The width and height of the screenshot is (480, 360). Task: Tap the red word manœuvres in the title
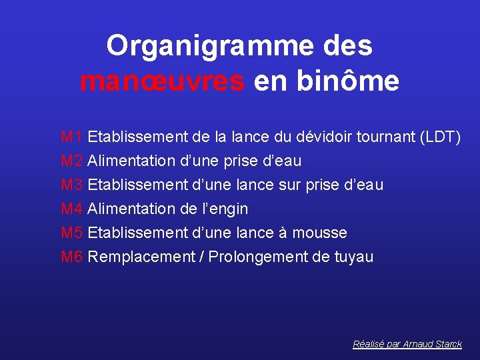(162, 82)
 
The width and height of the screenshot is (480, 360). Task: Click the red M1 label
(71, 137)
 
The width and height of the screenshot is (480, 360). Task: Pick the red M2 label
(71, 161)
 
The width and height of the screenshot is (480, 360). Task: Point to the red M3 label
(71, 185)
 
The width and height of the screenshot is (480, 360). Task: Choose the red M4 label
(71, 209)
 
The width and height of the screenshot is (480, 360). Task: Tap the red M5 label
(71, 233)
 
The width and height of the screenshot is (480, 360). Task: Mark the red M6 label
(71, 257)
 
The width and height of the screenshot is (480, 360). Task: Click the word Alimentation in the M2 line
(130, 161)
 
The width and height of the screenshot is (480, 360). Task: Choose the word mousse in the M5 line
(321, 233)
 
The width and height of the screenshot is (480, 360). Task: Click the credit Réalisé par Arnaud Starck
(407, 344)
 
